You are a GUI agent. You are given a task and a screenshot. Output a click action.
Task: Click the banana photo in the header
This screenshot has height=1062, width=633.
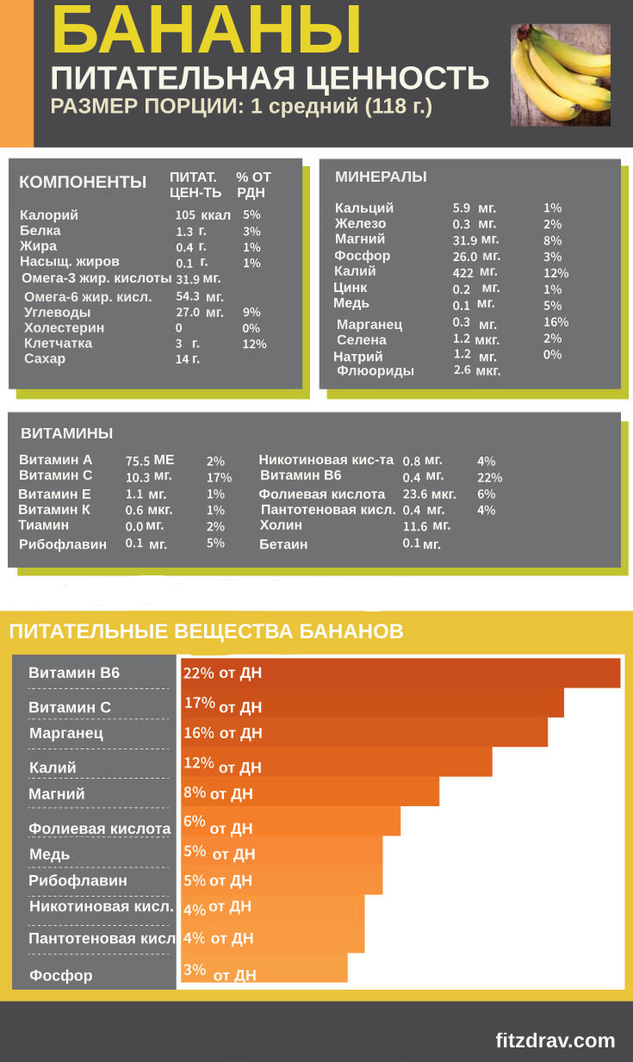(x=560, y=74)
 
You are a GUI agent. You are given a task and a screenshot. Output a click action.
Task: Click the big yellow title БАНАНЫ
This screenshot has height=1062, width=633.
(x=207, y=31)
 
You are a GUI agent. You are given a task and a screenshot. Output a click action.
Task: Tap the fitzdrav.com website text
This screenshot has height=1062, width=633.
(x=555, y=1040)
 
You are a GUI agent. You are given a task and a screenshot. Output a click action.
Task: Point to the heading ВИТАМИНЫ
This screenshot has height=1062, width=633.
(x=67, y=433)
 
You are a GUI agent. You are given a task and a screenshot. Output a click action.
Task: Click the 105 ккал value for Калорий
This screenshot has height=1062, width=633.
(x=202, y=215)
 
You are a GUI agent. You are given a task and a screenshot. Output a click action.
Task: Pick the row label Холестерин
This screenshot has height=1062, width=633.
(x=65, y=328)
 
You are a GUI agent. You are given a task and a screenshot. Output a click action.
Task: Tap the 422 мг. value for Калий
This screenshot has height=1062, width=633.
(x=475, y=272)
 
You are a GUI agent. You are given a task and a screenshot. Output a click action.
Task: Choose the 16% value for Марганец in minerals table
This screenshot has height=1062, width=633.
(x=556, y=322)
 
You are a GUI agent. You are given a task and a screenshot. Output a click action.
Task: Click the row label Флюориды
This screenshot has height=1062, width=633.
(x=375, y=371)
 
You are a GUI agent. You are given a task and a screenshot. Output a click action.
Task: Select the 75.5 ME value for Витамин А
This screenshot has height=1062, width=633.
(x=150, y=461)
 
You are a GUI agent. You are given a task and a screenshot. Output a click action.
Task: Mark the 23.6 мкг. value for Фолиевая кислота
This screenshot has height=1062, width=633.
(x=429, y=494)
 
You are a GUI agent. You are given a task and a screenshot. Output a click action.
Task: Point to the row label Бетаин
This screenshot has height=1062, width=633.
(x=283, y=544)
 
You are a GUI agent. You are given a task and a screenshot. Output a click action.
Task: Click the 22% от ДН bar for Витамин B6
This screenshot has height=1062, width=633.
(x=400, y=673)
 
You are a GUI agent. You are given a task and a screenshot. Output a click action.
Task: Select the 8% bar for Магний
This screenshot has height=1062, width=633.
(x=310, y=792)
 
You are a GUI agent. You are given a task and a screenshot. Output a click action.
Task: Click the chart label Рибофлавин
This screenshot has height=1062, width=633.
(x=78, y=880)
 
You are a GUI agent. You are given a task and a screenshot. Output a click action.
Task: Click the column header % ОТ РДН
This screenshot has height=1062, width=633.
(x=253, y=184)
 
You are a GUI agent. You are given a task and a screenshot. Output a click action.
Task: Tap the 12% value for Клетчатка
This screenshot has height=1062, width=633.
(x=254, y=345)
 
